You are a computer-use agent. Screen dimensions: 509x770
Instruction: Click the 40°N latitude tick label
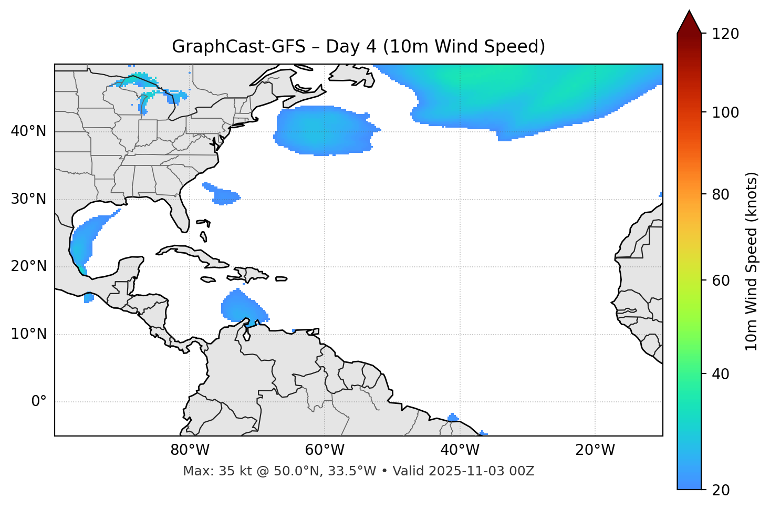[x=28, y=131]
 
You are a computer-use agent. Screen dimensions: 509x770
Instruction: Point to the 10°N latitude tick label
[x=28, y=334]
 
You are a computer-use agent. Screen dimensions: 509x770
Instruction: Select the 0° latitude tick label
[x=39, y=402]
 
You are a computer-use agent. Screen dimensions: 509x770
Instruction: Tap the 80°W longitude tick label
[x=190, y=450]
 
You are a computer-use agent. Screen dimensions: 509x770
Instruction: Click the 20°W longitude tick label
[x=595, y=450]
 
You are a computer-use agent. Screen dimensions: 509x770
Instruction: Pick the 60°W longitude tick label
[x=325, y=450]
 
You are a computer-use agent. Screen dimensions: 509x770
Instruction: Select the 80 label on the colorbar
[x=721, y=194]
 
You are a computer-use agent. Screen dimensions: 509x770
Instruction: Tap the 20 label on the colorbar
[x=721, y=490]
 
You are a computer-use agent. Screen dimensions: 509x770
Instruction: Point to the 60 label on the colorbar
[x=721, y=281]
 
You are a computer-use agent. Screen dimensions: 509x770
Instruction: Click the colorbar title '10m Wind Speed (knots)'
[x=752, y=262]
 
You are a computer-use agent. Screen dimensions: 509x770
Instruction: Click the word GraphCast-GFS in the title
[x=238, y=47]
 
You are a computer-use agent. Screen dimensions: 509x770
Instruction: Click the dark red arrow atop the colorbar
[x=689, y=22]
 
